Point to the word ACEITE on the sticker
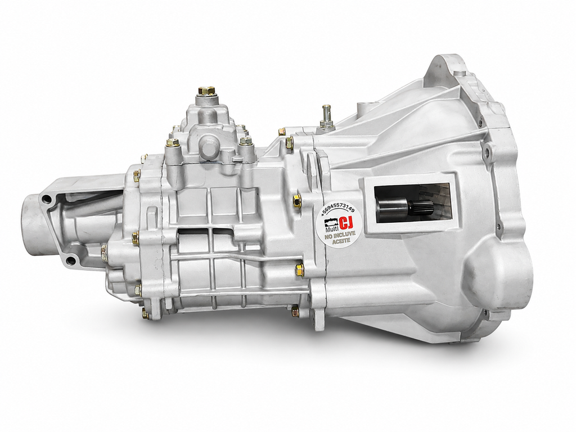pos(340,241)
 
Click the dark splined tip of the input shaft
pos(418,209)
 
